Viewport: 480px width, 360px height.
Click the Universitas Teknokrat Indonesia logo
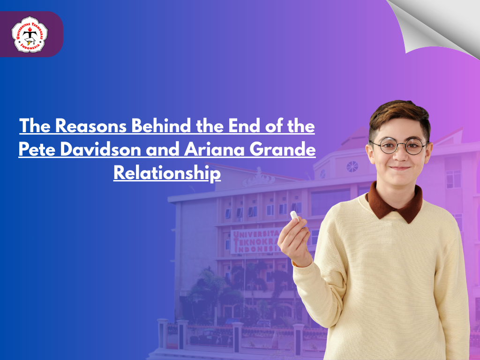coord(30,34)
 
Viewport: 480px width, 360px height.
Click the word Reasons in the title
coord(91,126)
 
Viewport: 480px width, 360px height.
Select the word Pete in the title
coord(37,150)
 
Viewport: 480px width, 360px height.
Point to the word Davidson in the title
coord(100,150)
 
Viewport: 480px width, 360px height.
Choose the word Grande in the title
coord(283,150)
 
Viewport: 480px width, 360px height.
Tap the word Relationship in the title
coord(167,173)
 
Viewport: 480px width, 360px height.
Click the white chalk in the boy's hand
coord(294,216)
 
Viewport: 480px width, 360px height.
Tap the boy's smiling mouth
coord(400,168)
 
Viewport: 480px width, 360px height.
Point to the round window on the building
coord(352,166)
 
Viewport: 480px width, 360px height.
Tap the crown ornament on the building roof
coord(259,179)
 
